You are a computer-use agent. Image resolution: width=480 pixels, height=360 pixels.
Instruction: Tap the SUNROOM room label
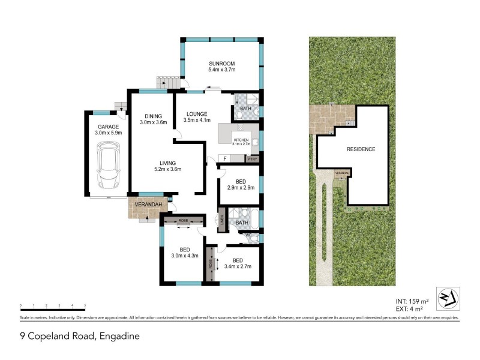[221, 64]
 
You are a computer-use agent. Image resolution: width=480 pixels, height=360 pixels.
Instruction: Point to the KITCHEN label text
[241, 140]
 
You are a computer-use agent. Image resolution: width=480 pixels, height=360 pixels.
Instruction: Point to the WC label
[248, 235]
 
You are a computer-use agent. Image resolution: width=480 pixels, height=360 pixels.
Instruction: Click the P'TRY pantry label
[251, 159]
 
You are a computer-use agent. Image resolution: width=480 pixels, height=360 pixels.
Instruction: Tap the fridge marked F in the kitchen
[225, 158]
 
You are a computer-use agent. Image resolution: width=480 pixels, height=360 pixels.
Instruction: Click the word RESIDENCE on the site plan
[361, 149]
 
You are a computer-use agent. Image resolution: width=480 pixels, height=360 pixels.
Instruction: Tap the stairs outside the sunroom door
[168, 83]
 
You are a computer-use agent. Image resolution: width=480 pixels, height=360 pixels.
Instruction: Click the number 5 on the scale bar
[85, 305]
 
